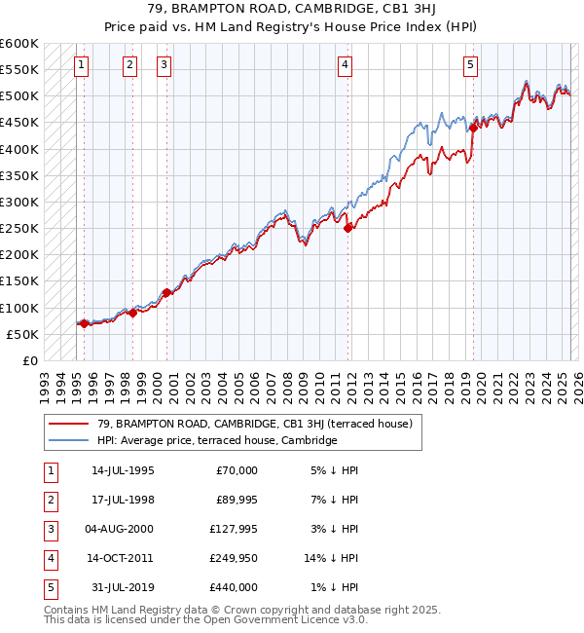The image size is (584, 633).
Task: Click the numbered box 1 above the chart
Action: coord(80,65)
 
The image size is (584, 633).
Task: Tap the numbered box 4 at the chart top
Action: coord(345,65)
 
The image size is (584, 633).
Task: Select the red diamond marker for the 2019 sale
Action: coord(472,127)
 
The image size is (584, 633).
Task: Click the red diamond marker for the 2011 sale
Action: coord(347,228)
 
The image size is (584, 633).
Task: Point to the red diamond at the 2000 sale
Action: coord(166,292)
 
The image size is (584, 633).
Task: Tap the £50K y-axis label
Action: coord(23,334)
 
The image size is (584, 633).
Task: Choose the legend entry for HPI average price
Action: coord(216,440)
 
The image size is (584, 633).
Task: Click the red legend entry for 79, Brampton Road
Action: coord(255,424)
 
